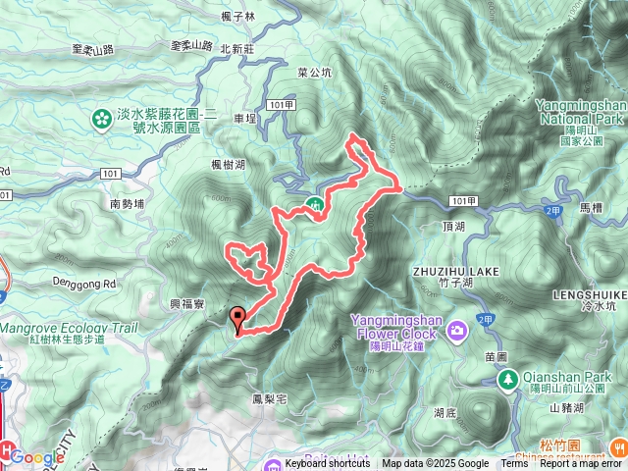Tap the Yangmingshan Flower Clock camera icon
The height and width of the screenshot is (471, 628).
(x=456, y=333)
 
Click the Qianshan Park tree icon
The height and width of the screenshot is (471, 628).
(x=508, y=379)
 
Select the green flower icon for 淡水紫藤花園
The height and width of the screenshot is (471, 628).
(x=101, y=120)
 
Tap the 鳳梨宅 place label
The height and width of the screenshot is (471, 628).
(x=268, y=398)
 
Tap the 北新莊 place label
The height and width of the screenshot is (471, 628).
(x=237, y=48)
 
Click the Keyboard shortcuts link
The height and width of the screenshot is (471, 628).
(x=328, y=464)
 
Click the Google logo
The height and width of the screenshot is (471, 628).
(x=37, y=456)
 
